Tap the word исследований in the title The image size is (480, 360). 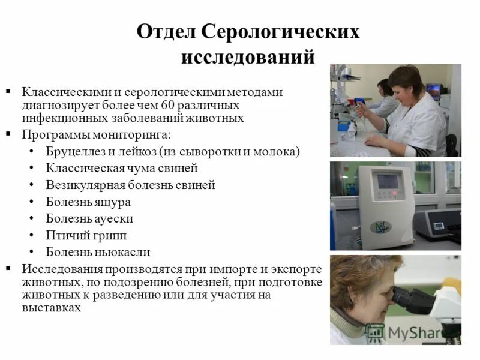[248, 56]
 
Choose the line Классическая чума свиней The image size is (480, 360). [122, 168]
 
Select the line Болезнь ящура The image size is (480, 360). [88, 202]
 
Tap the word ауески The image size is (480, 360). [114, 218]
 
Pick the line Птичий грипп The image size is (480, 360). [86, 235]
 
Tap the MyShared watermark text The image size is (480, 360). [414, 332]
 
